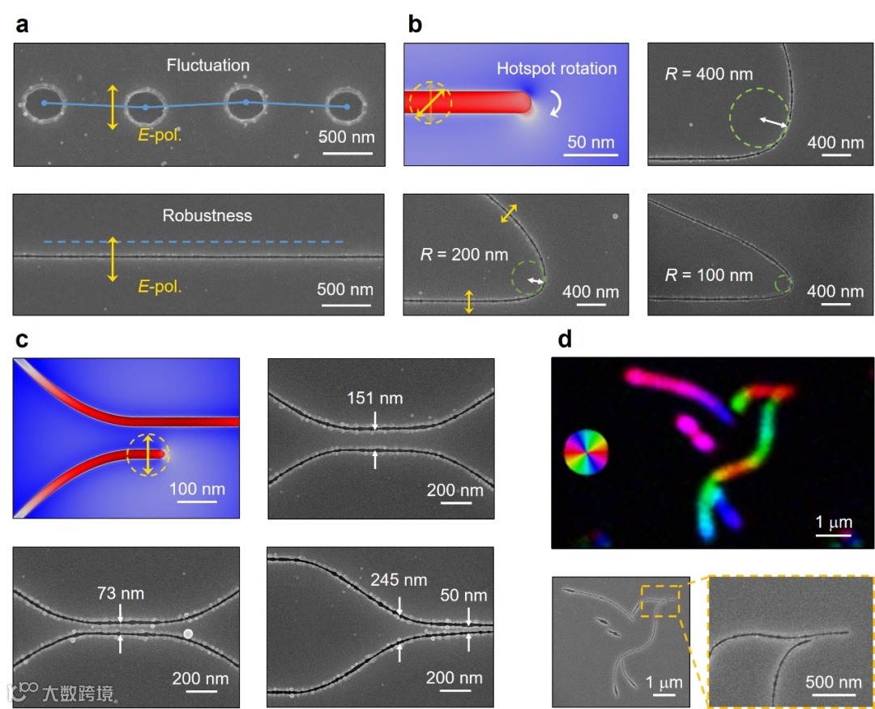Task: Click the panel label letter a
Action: pyautogui.click(x=23, y=24)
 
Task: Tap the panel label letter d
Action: pyautogui.click(x=566, y=339)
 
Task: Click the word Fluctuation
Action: pyautogui.click(x=208, y=65)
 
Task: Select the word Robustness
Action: pyautogui.click(x=207, y=216)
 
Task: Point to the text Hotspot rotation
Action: pyautogui.click(x=557, y=68)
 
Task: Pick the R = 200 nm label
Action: pyautogui.click(x=463, y=254)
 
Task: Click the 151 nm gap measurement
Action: pyautogui.click(x=375, y=398)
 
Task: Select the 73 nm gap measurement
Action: pyautogui.click(x=121, y=593)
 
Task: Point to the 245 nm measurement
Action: pyautogui.click(x=399, y=580)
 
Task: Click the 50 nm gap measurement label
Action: pyautogui.click(x=463, y=596)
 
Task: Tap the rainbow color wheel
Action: pyautogui.click(x=585, y=452)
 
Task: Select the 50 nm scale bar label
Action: pyautogui.click(x=589, y=143)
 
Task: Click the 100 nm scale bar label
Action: pyautogui.click(x=198, y=489)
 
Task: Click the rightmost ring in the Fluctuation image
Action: pyautogui.click(x=347, y=106)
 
